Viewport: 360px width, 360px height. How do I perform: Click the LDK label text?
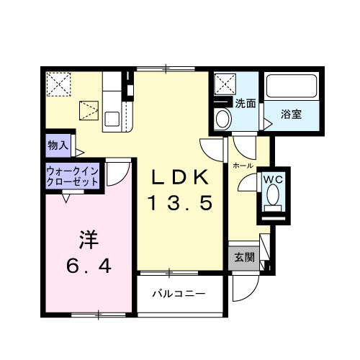[x=180, y=177]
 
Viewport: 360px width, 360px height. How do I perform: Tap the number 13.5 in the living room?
[x=180, y=204]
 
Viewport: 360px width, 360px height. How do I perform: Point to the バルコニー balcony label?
[x=179, y=294]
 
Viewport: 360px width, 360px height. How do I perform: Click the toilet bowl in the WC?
[x=273, y=195]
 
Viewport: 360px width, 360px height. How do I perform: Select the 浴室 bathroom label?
[x=290, y=112]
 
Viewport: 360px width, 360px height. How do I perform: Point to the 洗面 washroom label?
[x=246, y=103]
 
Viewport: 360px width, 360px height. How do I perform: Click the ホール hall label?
[x=243, y=165]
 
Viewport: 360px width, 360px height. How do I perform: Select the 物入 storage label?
[x=58, y=145]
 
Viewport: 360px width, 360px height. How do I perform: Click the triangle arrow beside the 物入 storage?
[x=80, y=152]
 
